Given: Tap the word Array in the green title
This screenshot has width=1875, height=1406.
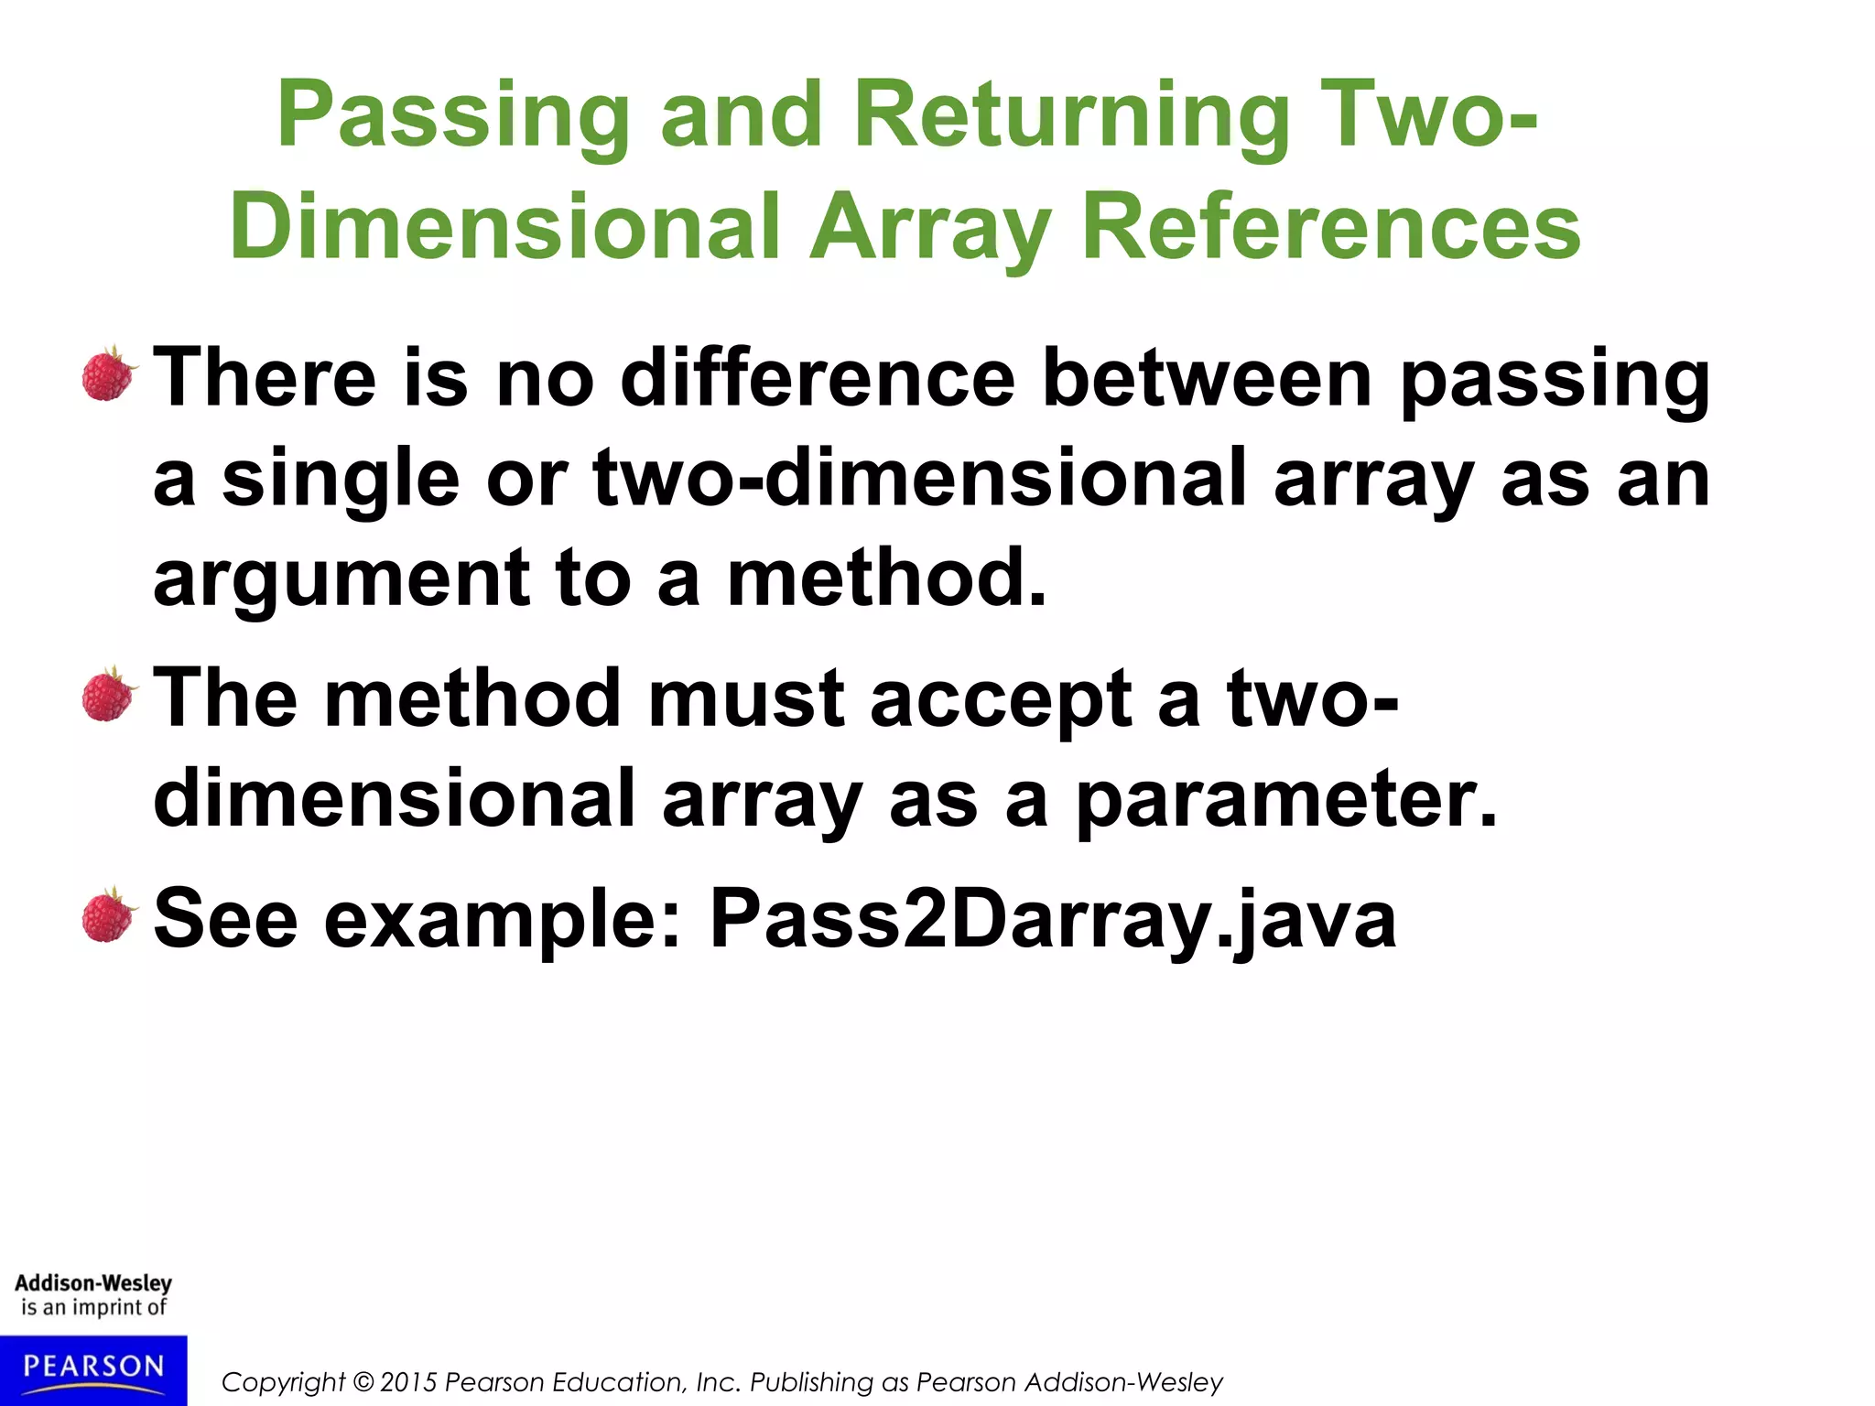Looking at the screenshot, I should [x=929, y=227].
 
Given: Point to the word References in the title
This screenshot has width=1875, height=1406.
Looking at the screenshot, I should [x=1331, y=227].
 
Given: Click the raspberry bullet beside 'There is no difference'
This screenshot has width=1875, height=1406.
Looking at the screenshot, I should [x=109, y=373].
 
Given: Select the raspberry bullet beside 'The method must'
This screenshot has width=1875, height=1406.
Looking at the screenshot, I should [x=109, y=694].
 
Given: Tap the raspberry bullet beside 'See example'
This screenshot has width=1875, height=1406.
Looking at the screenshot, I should [x=109, y=915].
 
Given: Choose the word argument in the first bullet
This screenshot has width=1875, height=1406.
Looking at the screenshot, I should [x=341, y=579].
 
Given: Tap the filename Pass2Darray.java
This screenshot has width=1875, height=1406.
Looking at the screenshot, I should [x=1053, y=920].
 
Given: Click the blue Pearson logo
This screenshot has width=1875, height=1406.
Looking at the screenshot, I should [x=93, y=1369].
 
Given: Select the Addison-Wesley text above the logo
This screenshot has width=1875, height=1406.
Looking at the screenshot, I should [x=93, y=1283].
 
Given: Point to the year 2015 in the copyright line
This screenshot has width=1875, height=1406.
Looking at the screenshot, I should [x=409, y=1382].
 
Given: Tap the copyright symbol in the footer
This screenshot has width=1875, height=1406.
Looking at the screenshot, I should [x=363, y=1382].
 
